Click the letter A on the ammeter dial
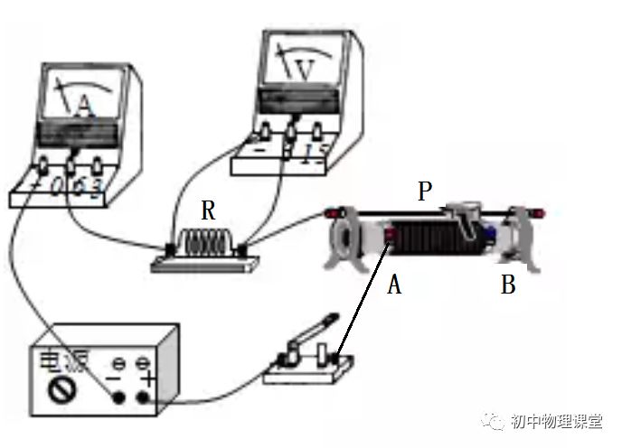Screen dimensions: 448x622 [x=84, y=107]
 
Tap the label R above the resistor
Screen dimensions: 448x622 [x=209, y=211]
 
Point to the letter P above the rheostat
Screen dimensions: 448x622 [x=425, y=191]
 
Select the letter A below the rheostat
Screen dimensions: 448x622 [x=393, y=285]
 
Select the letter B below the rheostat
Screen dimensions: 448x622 [x=508, y=285]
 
